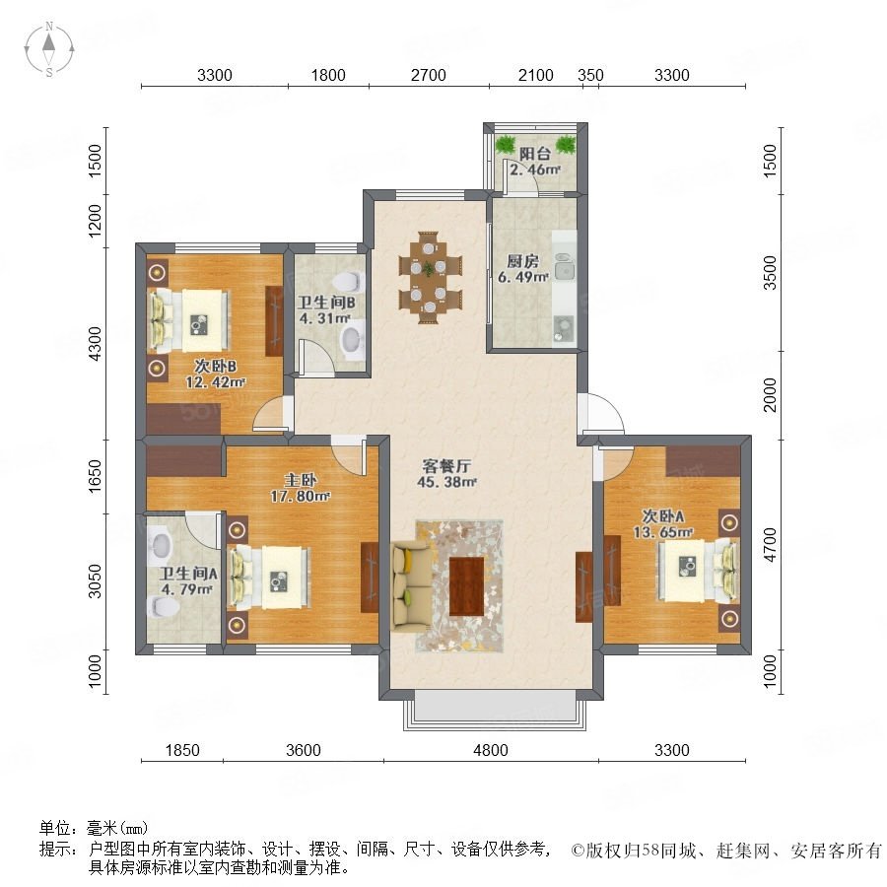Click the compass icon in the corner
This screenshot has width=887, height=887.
tap(49, 49)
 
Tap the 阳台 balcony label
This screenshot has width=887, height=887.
tap(534, 154)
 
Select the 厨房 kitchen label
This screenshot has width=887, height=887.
tap(522, 261)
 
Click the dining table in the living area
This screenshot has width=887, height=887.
tap(430, 277)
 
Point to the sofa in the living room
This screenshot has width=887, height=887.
tap(411, 587)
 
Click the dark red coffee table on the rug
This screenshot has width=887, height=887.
tap(467, 586)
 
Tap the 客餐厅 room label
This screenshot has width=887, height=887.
tap(446, 466)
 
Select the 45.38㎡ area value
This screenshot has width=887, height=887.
tap(446, 483)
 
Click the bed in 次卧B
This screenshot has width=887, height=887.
tap(189, 320)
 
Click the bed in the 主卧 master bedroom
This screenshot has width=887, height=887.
tap(269, 577)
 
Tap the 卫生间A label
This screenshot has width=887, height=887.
tap(188, 574)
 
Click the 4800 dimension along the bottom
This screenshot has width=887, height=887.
tap(491, 750)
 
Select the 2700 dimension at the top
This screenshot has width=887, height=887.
tap(429, 75)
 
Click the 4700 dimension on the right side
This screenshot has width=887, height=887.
tap(771, 545)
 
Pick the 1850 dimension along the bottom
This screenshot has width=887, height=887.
tap(182, 750)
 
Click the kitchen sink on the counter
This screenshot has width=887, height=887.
tap(564, 266)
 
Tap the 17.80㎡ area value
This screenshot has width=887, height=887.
tap(300, 497)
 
